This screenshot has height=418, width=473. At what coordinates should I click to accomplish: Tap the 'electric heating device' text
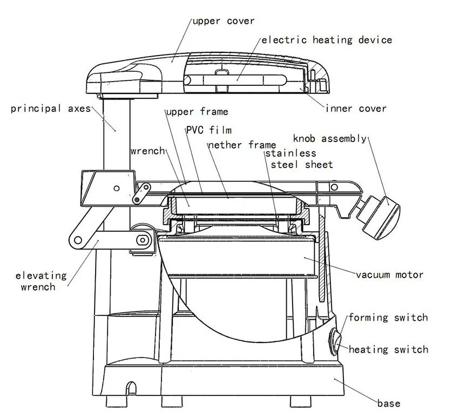point(327,39)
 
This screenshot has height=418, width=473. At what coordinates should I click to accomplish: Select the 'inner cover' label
point(356,109)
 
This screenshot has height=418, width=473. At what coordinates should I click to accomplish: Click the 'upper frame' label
point(197,112)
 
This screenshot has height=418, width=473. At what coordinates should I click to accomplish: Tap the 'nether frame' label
point(242,145)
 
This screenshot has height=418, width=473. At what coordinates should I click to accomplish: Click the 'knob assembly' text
point(329,139)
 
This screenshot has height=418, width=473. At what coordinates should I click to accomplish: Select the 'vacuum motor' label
point(389,275)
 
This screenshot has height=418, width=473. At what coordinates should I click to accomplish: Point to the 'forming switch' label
point(388,318)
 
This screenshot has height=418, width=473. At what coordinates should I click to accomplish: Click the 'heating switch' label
point(388,349)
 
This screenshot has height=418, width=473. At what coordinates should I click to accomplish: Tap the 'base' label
point(389,403)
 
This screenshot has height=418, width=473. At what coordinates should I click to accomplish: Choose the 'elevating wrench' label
point(41,281)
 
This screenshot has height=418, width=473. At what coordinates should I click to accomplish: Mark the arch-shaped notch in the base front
point(130,389)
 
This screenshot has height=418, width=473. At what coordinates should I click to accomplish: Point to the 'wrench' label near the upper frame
point(147,151)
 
